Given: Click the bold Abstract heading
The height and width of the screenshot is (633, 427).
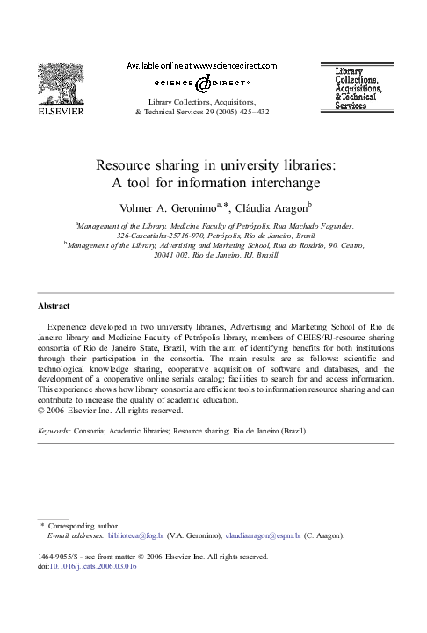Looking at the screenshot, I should (53, 306).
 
